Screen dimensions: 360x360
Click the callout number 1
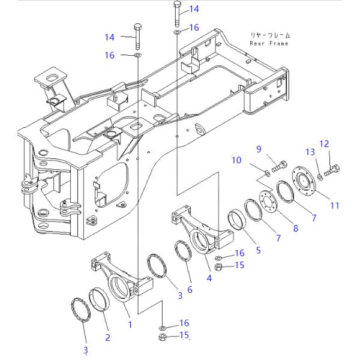(x=130, y=325)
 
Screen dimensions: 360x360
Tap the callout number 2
(x=107, y=337)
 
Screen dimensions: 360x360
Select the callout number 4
(x=209, y=278)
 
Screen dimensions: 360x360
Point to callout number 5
(x=259, y=250)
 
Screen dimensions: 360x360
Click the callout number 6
(x=190, y=290)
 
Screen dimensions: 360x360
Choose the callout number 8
(x=296, y=228)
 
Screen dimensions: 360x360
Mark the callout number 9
(x=259, y=149)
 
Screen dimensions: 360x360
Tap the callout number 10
(x=236, y=160)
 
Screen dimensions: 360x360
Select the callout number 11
(x=335, y=205)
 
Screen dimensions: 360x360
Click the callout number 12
(x=324, y=144)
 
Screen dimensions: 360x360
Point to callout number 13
(x=310, y=152)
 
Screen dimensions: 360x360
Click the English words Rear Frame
(x=269, y=43)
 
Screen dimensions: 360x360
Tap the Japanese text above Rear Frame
(x=270, y=35)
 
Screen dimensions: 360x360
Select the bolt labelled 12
(x=332, y=170)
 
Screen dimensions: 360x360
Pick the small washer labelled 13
(x=320, y=177)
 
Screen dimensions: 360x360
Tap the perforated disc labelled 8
(x=268, y=202)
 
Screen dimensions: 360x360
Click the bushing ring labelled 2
(x=99, y=299)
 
